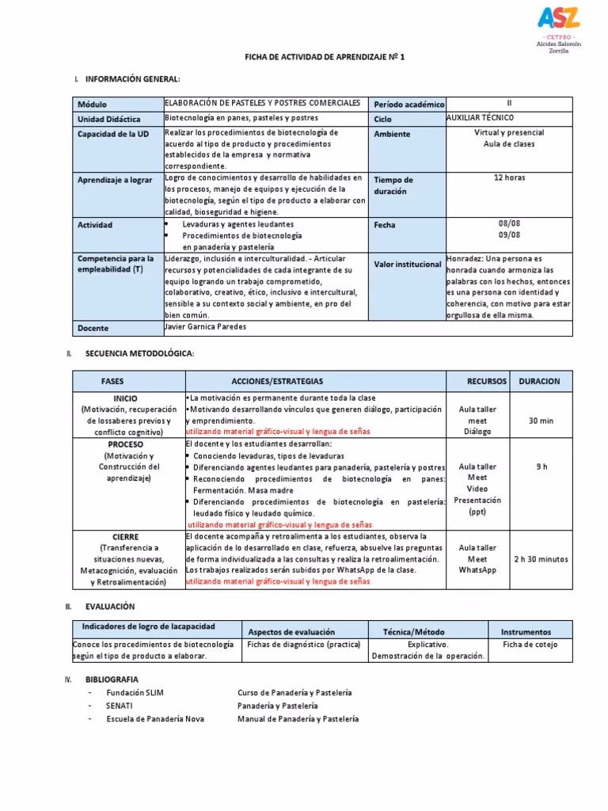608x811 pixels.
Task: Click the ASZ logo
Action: point(558,18)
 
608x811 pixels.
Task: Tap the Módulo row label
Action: point(92,105)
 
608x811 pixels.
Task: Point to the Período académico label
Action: point(409,105)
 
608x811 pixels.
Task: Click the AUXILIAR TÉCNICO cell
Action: point(481,118)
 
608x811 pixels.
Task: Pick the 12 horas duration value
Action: point(509,177)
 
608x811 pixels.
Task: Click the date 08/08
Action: point(509,223)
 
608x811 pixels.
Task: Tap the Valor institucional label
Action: point(407,265)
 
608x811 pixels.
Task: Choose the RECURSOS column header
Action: point(486,381)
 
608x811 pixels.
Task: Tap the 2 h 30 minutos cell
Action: point(541,558)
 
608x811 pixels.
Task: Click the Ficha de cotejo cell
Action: point(530,645)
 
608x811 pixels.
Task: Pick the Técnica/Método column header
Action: point(412,632)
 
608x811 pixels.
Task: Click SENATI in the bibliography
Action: point(120,705)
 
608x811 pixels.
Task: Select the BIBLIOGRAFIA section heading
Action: point(112,680)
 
